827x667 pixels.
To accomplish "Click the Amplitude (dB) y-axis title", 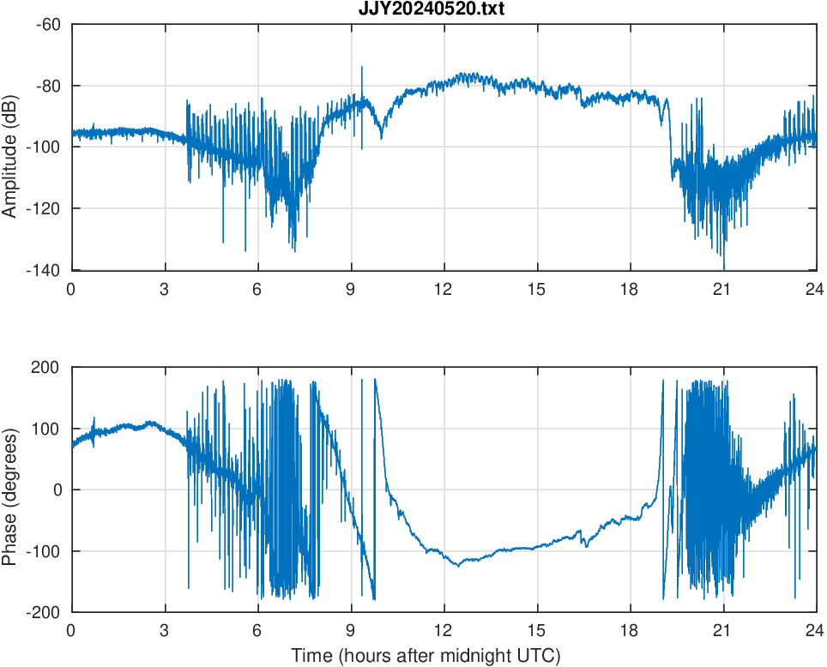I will (x=10, y=147).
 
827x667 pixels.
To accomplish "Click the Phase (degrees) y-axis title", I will (x=10, y=490).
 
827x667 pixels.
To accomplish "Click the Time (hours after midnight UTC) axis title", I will (x=426, y=656).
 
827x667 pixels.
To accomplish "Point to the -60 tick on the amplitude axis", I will (x=48, y=24).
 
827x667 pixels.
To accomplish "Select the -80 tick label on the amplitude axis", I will (x=48, y=86).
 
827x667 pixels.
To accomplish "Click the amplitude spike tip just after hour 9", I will (x=362, y=67).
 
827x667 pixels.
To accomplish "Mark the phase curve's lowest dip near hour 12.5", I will (x=459, y=566).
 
